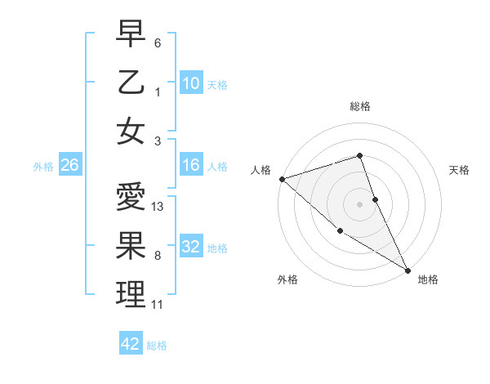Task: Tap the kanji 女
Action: click(x=131, y=131)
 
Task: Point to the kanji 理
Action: click(x=131, y=294)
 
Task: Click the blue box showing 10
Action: click(x=190, y=83)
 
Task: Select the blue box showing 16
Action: click(x=190, y=165)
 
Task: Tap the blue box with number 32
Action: click(x=190, y=247)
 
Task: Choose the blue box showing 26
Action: click(x=69, y=166)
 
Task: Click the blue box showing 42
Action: click(x=131, y=344)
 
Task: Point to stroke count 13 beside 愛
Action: click(x=158, y=207)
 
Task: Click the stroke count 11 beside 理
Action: click(x=157, y=305)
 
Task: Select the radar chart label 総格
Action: click(x=359, y=106)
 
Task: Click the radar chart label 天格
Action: click(x=459, y=170)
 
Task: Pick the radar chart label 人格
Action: click(x=261, y=170)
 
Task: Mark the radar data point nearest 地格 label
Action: click(x=408, y=270)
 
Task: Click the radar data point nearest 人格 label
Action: click(x=282, y=178)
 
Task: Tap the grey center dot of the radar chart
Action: click(x=359, y=203)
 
